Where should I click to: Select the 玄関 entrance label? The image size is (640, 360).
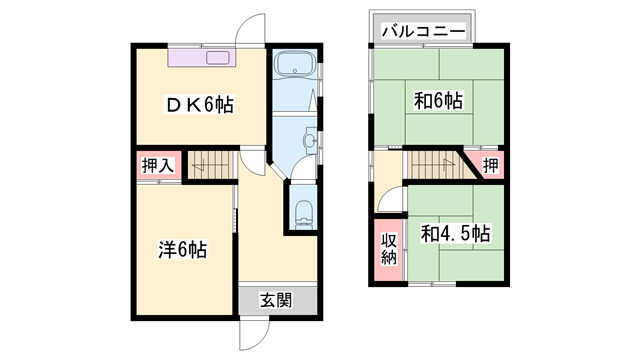[277, 299]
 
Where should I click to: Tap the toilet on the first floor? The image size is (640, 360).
[304, 213]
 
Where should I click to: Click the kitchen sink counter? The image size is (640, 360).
[200, 58]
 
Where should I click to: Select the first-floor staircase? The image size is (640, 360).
[210, 163]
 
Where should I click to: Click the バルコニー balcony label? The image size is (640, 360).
[422, 32]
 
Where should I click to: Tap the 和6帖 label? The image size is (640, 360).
[437, 100]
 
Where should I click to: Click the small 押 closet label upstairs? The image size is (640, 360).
[490, 165]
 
